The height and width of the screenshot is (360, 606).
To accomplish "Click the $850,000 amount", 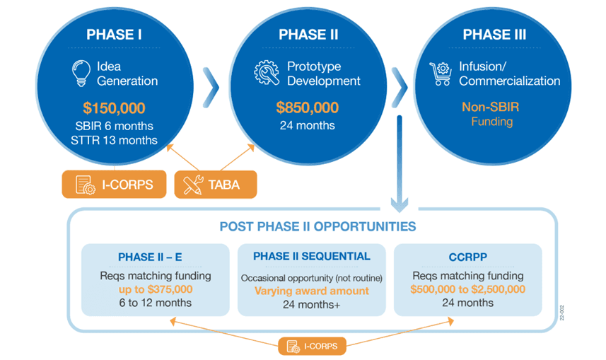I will click(307, 108).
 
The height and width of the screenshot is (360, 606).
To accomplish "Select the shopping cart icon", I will click(441, 74).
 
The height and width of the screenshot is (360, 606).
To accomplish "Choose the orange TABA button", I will click(215, 185).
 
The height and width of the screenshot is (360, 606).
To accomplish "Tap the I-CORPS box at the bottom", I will click(312, 347).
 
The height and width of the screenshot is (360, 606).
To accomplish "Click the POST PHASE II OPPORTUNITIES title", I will click(317, 227).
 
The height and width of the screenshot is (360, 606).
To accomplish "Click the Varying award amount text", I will click(312, 291).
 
